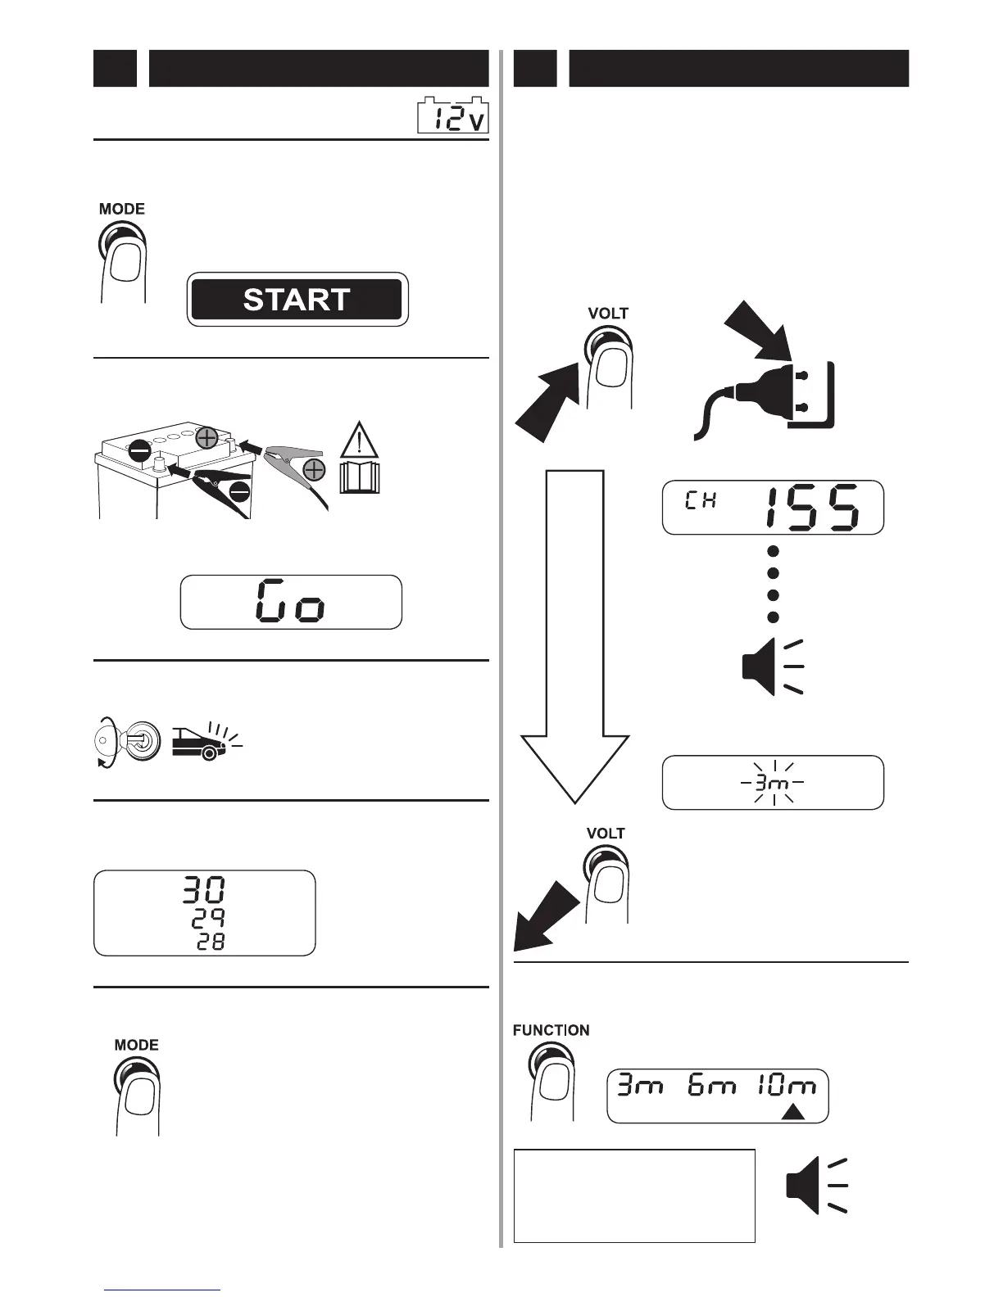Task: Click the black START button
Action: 297,300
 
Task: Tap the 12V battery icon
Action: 453,118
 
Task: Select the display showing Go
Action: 291,602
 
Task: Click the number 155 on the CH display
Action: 812,508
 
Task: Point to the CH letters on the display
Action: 701,500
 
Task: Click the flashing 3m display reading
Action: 773,784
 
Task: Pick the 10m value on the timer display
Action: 786,1087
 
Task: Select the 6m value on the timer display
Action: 712,1087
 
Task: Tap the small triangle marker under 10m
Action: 792,1112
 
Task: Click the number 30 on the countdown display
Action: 204,890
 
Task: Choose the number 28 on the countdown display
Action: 210,943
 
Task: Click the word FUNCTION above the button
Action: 551,1030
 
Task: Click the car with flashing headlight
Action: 202,742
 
